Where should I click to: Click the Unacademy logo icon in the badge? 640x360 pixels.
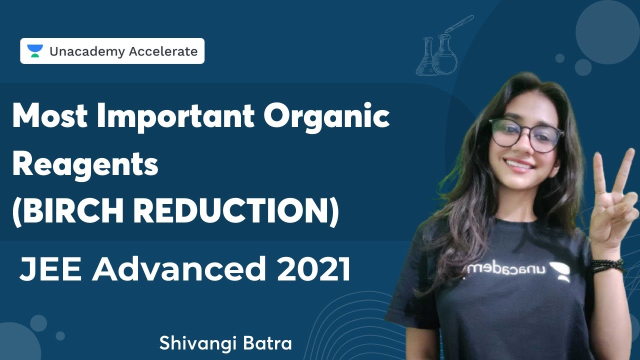35,51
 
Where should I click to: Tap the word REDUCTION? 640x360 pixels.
235,212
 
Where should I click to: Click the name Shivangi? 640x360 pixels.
197,343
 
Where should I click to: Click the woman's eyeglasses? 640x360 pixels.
526,134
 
